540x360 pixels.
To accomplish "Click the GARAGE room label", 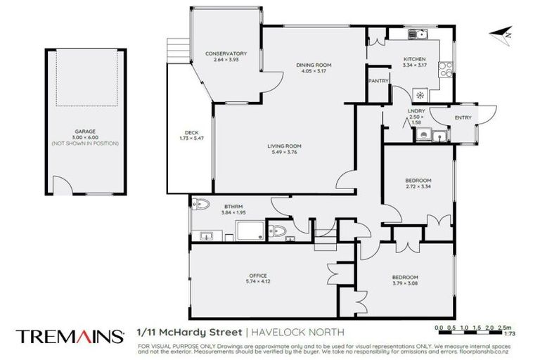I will [85, 131].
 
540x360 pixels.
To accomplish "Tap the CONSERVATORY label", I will [226, 53].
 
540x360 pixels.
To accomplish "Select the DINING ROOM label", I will [313, 65].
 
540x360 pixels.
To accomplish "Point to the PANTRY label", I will [379, 81].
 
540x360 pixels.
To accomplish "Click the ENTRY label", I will [463, 117].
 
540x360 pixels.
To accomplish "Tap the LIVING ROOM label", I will [284, 146].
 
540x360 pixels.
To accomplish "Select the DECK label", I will [191, 132].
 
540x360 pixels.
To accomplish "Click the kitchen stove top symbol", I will [444, 69].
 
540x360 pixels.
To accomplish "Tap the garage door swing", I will [64, 186].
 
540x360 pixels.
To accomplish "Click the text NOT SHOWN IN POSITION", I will [85, 143].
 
